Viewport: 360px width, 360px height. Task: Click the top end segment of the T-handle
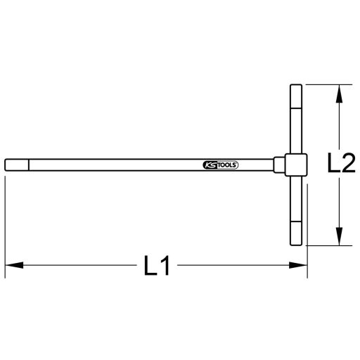click(296, 94)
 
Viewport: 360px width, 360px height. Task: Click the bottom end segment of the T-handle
click(296, 234)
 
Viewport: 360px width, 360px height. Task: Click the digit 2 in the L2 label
click(348, 165)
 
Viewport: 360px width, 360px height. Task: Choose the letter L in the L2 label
click(335, 165)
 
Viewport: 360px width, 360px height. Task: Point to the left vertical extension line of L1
click(6, 225)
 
